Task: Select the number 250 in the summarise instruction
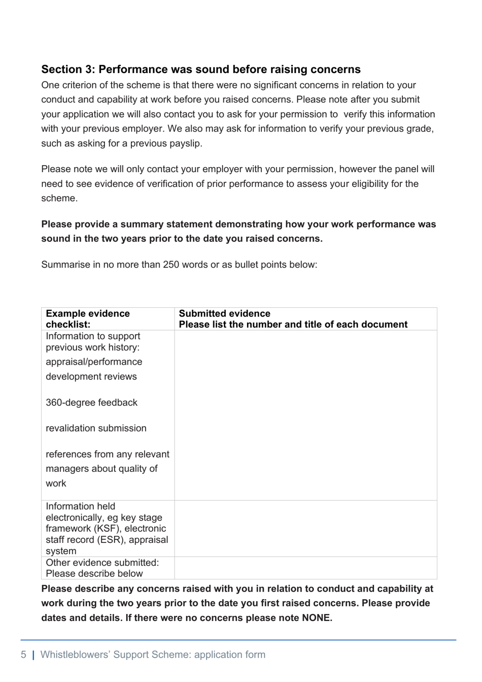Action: pos(170,265)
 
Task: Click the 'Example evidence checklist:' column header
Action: pos(87,319)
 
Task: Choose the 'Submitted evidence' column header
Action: pos(224,314)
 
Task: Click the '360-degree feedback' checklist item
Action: pos(91,403)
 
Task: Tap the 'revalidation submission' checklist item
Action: pos(96,429)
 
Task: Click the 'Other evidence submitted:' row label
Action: pos(102,563)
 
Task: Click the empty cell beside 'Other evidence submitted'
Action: pos(305,568)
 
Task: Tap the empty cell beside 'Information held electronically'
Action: pos(305,529)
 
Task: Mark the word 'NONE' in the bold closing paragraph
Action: pos(316,618)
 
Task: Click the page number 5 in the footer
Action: pos(23,655)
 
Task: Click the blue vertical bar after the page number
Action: pos(33,655)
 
